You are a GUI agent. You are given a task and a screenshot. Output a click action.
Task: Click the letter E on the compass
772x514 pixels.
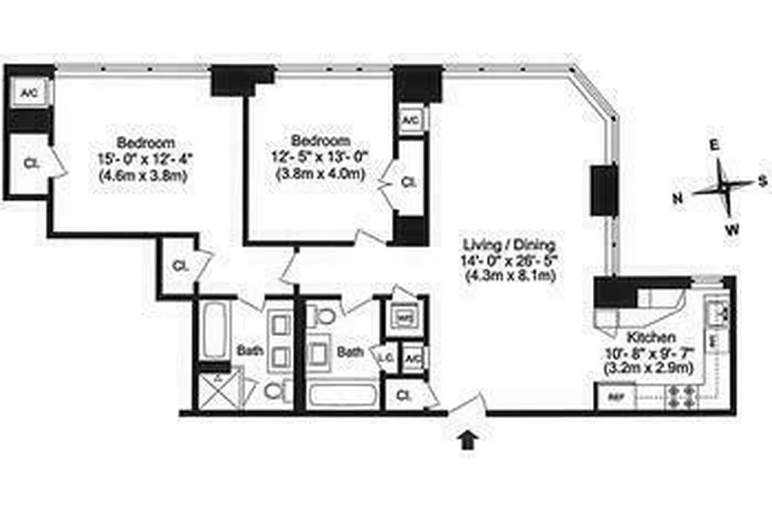click(x=713, y=146)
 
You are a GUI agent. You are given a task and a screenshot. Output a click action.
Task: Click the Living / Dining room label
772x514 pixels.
click(x=505, y=245)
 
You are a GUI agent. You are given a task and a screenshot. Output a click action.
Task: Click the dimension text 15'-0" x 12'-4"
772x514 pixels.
click(x=145, y=157)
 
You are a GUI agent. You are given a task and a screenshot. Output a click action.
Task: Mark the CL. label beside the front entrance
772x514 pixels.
click(x=405, y=395)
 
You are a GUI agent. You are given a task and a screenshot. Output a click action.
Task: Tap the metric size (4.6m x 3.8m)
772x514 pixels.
click(x=145, y=173)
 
